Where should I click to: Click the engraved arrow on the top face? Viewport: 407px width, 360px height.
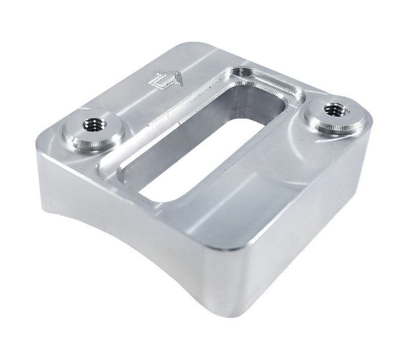(166, 79)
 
